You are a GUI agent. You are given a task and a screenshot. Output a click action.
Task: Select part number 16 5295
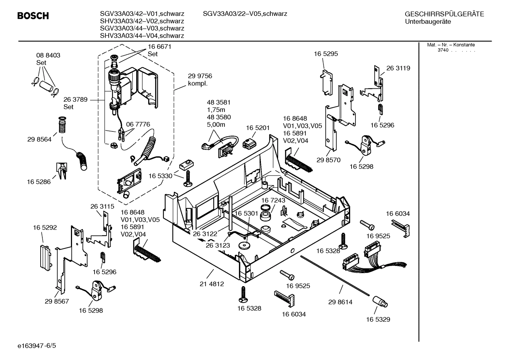click(325, 54)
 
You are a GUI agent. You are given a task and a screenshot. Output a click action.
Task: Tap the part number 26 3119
click(398, 68)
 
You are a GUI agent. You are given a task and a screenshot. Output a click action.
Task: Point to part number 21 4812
click(211, 284)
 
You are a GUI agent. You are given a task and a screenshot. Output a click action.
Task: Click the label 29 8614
click(340, 302)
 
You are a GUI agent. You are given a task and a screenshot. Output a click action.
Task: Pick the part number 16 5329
click(378, 319)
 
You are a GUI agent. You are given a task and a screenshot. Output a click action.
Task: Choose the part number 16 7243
click(273, 200)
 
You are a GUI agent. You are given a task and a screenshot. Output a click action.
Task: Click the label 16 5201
click(258, 128)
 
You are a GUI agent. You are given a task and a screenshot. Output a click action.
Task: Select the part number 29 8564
click(39, 139)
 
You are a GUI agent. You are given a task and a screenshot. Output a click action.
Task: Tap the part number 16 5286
click(38, 182)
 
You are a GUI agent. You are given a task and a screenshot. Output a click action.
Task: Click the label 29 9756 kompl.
click(200, 80)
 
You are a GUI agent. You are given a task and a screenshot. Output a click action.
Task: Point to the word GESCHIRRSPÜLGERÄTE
click(444, 14)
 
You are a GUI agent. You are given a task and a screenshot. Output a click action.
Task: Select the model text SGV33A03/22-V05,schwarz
click(245, 14)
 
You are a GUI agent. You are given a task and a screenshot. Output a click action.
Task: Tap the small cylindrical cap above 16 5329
click(380, 302)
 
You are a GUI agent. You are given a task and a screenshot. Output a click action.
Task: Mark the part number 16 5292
click(45, 228)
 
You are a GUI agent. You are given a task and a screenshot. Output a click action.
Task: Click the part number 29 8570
click(328, 160)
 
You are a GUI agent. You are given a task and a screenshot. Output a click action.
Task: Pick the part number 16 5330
click(160, 176)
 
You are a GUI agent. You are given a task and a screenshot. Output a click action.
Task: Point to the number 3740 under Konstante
click(443, 50)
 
